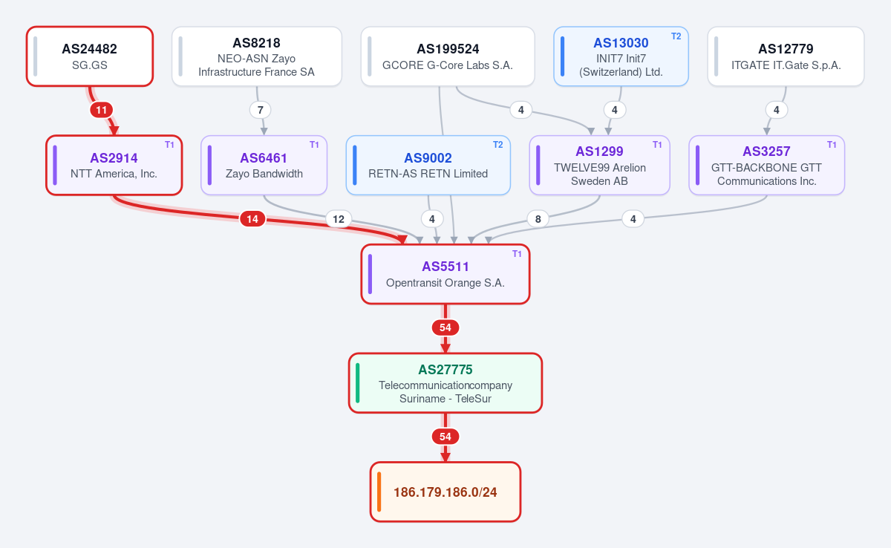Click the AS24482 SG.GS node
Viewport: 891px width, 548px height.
[90, 56]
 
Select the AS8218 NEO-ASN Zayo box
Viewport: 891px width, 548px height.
[257, 56]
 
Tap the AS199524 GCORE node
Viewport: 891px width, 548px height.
[448, 56]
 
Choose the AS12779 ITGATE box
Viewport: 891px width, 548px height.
[786, 56]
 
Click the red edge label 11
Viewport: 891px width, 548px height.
[102, 110]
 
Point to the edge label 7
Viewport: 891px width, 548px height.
[260, 110]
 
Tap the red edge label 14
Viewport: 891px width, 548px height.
[252, 219]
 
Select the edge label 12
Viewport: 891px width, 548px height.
[339, 219]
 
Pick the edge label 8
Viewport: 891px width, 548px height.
[538, 219]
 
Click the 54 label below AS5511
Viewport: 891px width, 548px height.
[445, 327]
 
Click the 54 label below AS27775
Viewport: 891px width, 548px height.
[445, 437]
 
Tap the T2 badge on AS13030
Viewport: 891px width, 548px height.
[676, 36]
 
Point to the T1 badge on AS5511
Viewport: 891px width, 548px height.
[517, 254]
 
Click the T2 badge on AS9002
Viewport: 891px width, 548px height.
[497, 145]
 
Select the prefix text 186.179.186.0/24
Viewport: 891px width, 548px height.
[445, 492]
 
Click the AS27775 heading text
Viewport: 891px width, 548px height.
[445, 370]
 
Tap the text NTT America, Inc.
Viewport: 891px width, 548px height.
[114, 174]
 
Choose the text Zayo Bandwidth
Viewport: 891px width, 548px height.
[264, 174]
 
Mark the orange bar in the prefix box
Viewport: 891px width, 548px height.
[379, 492]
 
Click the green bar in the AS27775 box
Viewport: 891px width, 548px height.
[358, 383]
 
